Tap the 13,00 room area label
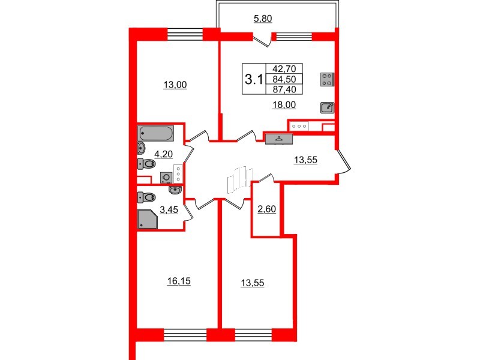[x=176, y=85]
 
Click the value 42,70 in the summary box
[x=287, y=69]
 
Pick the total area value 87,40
[x=287, y=89]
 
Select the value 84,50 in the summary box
[x=287, y=79]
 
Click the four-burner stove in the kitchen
[x=328, y=80]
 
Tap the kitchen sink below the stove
[x=328, y=107]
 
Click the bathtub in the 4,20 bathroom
[x=156, y=133]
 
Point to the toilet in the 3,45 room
[x=146, y=196]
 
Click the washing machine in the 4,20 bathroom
[x=166, y=176]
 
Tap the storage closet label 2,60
[x=266, y=209]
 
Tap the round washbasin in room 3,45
[x=175, y=190]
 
